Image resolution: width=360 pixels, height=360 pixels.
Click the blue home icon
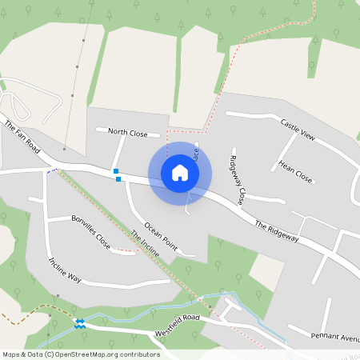pos(180,172)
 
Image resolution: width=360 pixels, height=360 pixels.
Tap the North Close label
pos(129,132)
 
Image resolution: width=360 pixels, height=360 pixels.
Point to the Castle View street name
pos(298,130)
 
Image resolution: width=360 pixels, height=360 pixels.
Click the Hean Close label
pos(295,170)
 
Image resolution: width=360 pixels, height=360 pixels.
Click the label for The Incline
pos(146,242)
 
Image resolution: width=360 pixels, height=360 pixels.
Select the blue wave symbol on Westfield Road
pos(79,323)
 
